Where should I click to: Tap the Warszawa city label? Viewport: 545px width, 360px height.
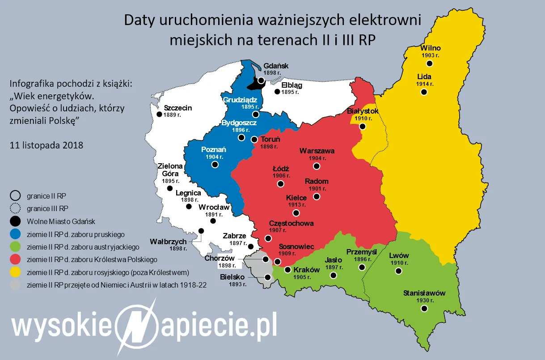(x=317, y=151)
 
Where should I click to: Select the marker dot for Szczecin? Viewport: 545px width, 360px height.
(x=159, y=114)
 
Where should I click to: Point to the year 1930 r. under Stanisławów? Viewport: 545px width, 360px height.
(x=424, y=301)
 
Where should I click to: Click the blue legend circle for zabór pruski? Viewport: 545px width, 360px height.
(x=15, y=234)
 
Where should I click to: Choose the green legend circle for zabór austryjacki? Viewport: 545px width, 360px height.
(x=15, y=246)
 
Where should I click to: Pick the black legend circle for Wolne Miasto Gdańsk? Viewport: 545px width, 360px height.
(x=15, y=221)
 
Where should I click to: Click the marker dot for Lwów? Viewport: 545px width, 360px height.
(x=398, y=271)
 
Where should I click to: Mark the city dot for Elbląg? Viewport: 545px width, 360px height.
(x=277, y=92)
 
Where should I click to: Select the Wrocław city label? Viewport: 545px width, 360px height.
(x=214, y=207)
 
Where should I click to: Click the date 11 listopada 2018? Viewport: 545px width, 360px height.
(x=46, y=145)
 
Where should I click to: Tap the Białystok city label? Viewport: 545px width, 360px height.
(x=363, y=111)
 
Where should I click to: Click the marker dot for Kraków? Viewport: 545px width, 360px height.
(x=287, y=270)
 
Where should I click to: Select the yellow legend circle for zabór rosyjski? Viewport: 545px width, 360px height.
(x=15, y=272)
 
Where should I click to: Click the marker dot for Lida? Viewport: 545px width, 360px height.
(x=424, y=92)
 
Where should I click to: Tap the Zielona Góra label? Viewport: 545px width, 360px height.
(x=170, y=169)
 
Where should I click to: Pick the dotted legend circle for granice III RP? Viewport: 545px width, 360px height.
(x=15, y=208)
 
